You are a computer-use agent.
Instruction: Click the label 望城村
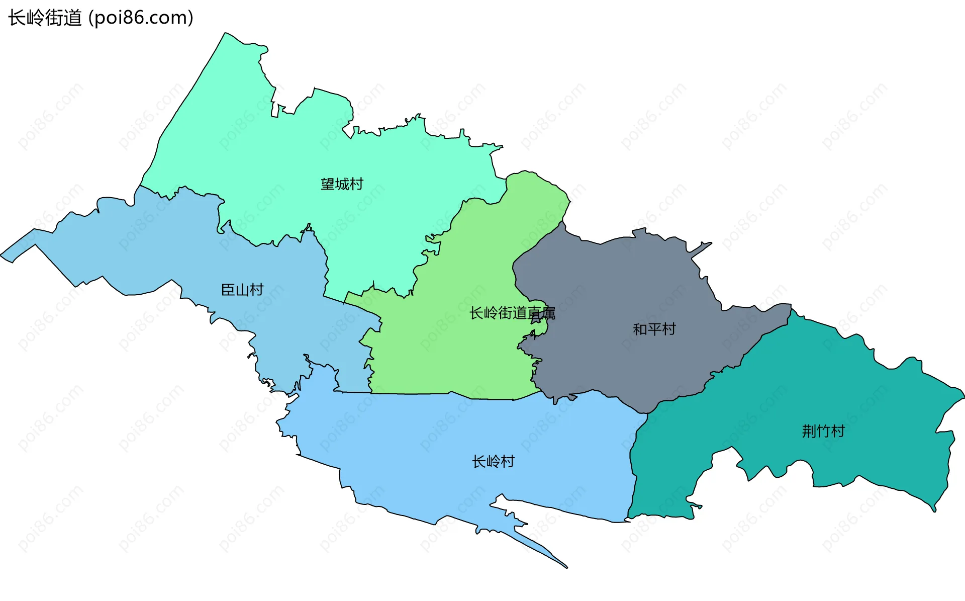(342, 184)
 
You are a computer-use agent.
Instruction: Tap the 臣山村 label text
(242, 290)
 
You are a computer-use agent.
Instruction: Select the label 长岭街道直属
(512, 313)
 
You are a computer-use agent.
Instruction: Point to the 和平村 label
(654, 329)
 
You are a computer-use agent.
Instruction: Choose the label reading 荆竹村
(823, 431)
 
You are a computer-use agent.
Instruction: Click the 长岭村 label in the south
(493, 462)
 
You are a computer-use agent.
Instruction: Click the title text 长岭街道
(45, 18)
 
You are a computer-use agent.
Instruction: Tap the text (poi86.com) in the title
(141, 18)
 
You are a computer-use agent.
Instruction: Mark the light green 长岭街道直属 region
(452, 352)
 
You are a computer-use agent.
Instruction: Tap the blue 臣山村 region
(151, 241)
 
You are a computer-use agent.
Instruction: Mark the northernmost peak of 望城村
(226, 34)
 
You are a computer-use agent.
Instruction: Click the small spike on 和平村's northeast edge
(709, 244)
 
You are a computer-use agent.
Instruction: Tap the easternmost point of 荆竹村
(962, 391)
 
